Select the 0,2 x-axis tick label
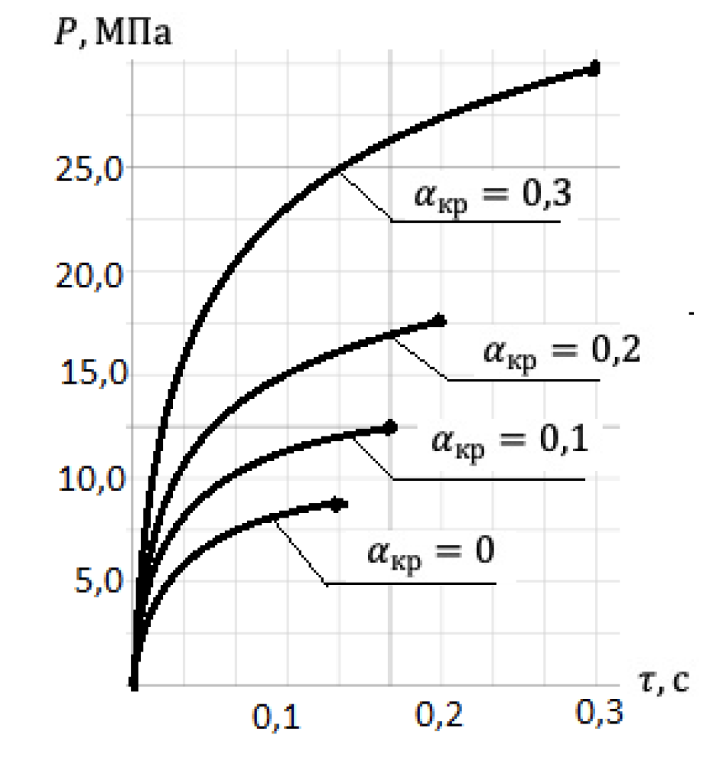tap(440, 720)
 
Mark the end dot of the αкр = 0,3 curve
tap(594, 69)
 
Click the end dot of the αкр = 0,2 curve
tap(439, 321)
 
